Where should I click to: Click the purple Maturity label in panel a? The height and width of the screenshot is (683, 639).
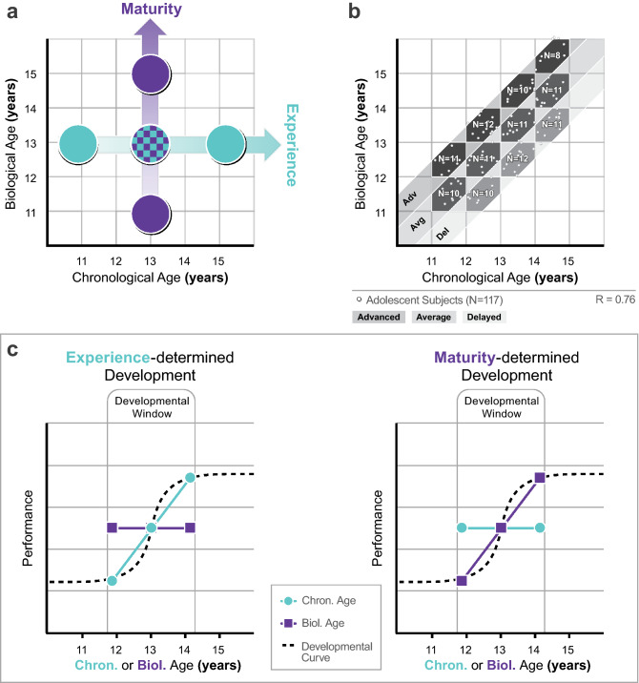[150, 10]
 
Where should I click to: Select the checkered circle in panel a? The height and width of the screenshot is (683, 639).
[150, 145]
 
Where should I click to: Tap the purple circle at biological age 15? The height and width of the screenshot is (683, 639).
[150, 77]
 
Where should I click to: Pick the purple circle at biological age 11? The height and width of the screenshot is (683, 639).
[150, 213]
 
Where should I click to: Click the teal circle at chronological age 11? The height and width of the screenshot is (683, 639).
[82, 145]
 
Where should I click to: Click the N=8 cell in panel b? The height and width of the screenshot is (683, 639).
[551, 56]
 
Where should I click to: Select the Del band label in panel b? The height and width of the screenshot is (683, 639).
[442, 233]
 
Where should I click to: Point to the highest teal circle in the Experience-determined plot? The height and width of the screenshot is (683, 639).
[191, 477]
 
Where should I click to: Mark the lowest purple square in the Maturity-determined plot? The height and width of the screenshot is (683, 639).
[462, 580]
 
